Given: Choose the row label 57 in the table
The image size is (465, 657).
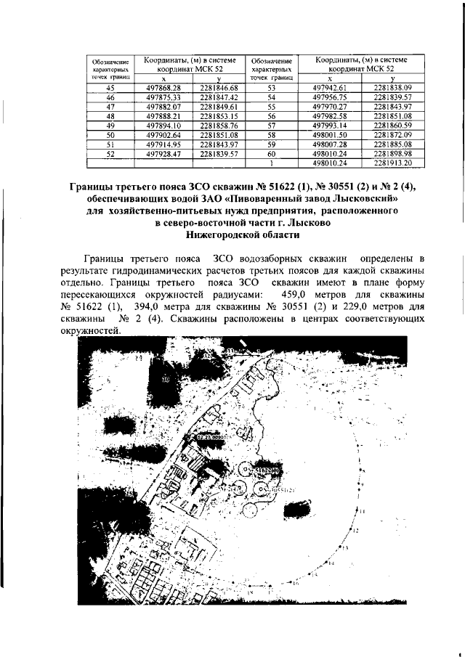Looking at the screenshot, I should pyautogui.click(x=272, y=125).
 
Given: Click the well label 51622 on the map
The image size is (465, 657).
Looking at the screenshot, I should pyautogui.click(x=267, y=470).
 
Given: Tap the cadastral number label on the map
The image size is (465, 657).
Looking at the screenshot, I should pyautogui.click(x=211, y=438).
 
